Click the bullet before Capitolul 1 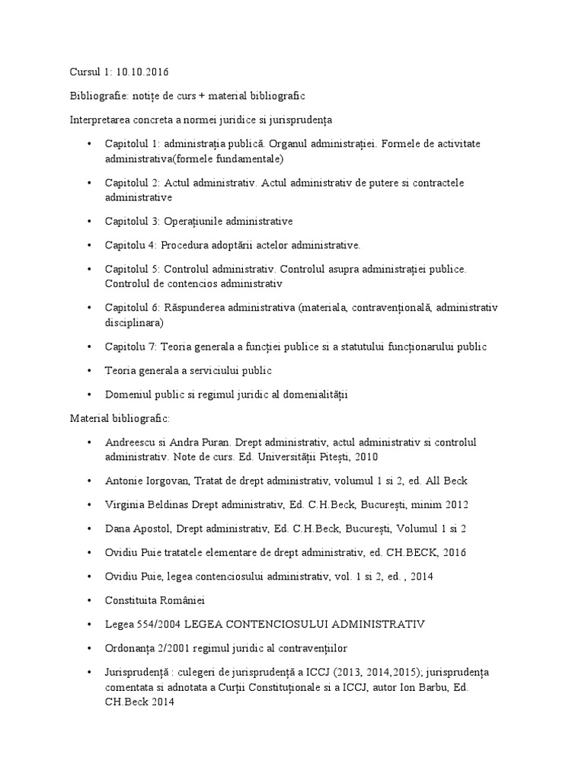[89, 144]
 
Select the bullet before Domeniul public [89, 394]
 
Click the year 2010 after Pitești [363, 457]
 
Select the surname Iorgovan [166, 481]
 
